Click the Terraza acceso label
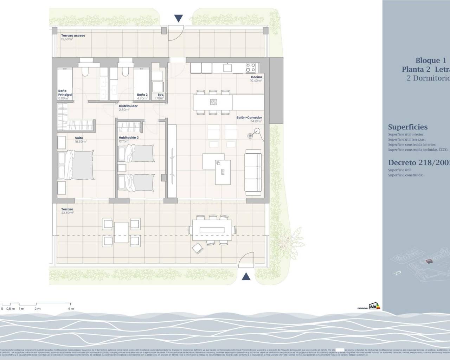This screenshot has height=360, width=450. tap(73, 36)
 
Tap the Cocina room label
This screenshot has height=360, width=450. tap(256, 77)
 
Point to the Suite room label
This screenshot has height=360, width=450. tap(79, 138)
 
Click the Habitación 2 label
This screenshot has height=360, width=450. tap(129, 137)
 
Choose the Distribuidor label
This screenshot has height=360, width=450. tap(128, 106)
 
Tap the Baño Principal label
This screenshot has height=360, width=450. tap(65, 93)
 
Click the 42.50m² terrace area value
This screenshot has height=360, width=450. tap(67, 213)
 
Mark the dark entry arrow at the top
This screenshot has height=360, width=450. tap(179, 18)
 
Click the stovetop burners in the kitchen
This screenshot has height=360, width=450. tap(250, 67)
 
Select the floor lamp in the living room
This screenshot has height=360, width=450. tap(251, 135)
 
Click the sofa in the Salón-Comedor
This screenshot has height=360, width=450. tap(253, 172)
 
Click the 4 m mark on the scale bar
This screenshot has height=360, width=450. tap(71, 309)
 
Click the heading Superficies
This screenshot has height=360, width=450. tap(408, 127)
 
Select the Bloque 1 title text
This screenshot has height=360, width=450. tap(430, 60)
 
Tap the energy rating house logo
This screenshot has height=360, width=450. tap(374, 306)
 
